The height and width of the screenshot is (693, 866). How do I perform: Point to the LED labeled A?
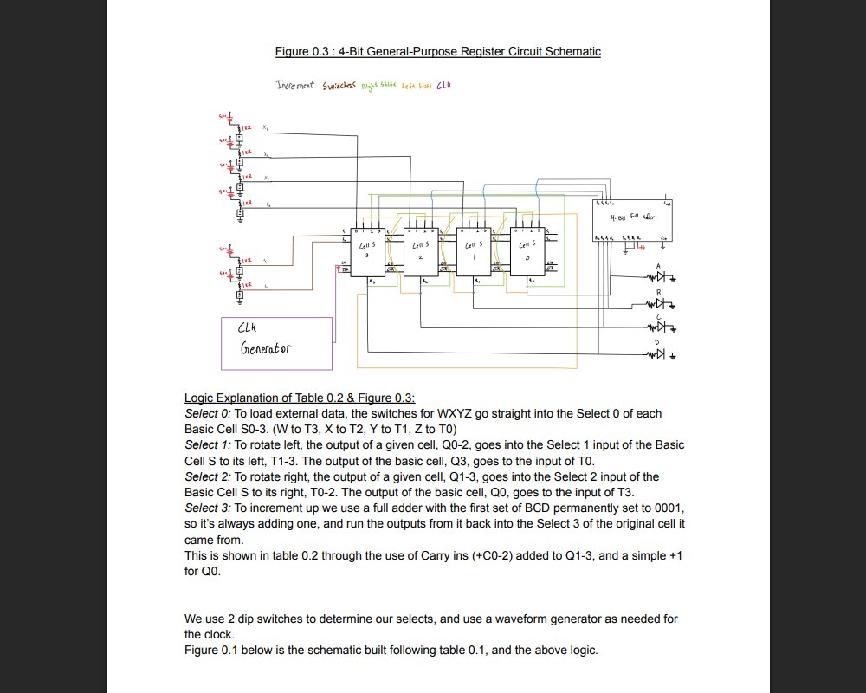[662, 278]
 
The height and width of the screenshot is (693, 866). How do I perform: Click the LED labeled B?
[662, 304]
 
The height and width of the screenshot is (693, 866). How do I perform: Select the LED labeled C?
[662, 328]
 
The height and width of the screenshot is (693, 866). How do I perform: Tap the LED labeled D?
[662, 354]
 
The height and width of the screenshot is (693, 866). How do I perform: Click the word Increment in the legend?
[295, 85]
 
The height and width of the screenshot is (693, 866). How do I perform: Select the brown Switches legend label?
[339, 86]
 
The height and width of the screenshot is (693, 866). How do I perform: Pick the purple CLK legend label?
[444, 85]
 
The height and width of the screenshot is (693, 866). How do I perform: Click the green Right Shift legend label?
[378, 86]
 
